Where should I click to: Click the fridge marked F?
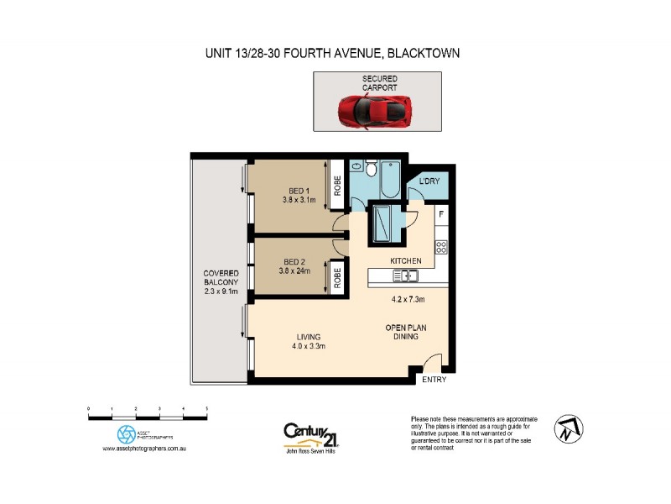[441, 214]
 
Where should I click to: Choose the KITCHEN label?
[406, 261]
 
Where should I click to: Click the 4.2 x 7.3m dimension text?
[408, 299]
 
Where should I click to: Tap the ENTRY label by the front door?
[434, 380]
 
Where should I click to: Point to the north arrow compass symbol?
[568, 429]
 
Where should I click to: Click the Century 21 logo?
[309, 434]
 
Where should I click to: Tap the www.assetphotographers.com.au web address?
[143, 449]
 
